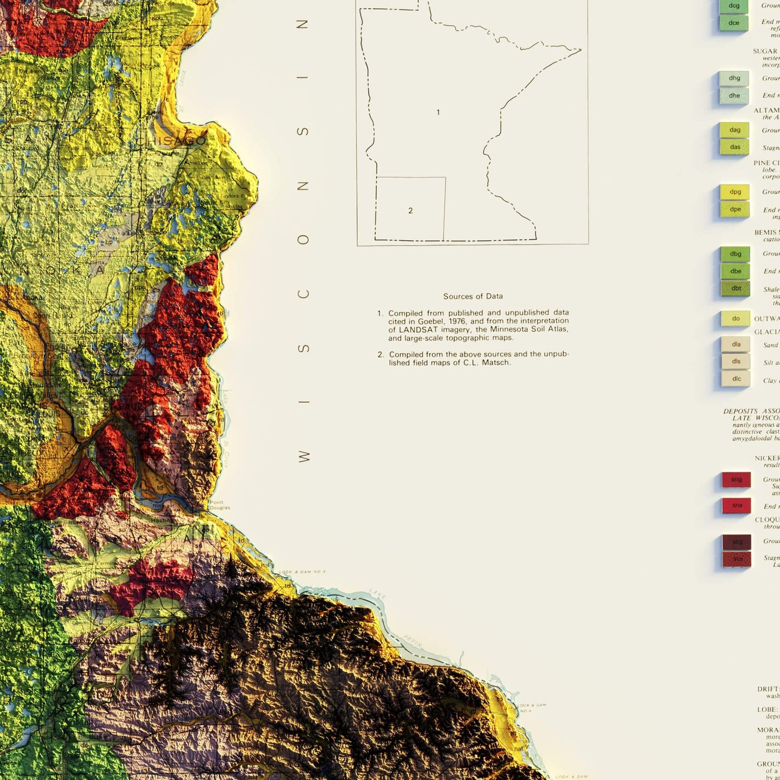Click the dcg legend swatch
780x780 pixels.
click(x=734, y=6)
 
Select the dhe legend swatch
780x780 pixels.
click(x=734, y=95)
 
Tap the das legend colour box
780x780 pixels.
click(x=734, y=147)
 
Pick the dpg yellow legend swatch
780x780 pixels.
click(x=735, y=192)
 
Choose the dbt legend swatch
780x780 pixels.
click(x=735, y=289)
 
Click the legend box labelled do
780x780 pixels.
click(x=735, y=319)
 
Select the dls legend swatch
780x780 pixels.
click(x=735, y=362)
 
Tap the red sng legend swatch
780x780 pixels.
click(x=736, y=480)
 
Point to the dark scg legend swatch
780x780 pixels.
click(x=737, y=542)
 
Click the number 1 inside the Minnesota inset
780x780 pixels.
click(x=438, y=113)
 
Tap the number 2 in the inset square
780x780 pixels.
click(x=411, y=211)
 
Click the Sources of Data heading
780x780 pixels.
click(x=473, y=296)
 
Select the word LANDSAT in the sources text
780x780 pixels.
click(x=421, y=329)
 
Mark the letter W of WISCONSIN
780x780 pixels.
click(x=304, y=457)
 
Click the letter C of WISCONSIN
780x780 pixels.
click(x=303, y=294)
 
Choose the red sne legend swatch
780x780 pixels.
click(x=737, y=506)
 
